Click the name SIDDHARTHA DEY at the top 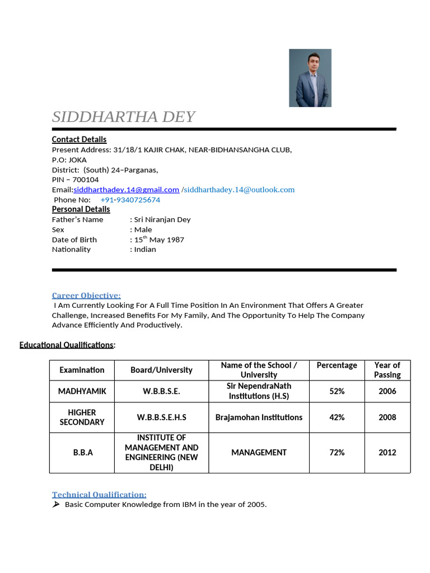123,117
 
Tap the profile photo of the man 310,78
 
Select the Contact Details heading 79,139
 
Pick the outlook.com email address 239,190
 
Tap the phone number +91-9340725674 130,200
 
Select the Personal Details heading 81,209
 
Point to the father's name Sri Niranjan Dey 162,219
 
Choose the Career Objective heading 86,295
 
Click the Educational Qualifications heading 67,345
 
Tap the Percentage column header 336,365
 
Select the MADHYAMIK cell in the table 82,391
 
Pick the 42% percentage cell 336,417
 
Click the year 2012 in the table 387,452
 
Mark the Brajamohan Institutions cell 259,417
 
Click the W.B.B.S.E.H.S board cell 161,417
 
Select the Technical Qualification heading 99,495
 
